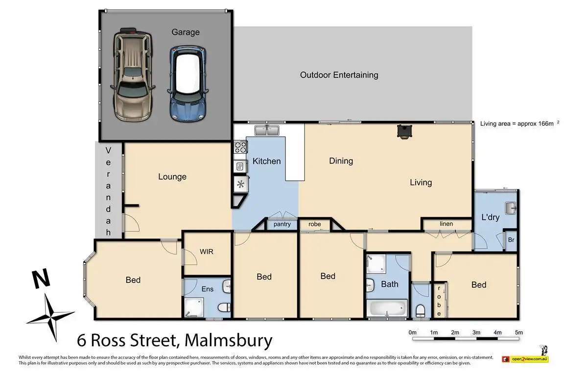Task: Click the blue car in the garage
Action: tap(188, 84)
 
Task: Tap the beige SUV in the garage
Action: tap(133, 74)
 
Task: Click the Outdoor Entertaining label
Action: tap(339, 75)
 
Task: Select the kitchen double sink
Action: tap(267, 130)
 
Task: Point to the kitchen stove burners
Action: tap(241, 147)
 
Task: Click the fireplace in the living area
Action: tap(403, 131)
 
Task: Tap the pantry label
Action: tap(282, 224)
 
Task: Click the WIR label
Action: tap(207, 252)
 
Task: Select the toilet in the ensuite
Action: tap(224, 307)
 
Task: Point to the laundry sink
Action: tap(511, 208)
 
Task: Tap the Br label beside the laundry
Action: tap(511, 239)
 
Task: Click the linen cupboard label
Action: tap(446, 224)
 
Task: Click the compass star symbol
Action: tap(51, 317)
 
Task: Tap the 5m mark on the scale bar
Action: tap(518, 332)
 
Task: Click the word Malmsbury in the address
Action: tap(229, 340)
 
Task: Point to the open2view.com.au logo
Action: tap(525, 359)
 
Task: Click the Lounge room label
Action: tap(172, 177)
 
